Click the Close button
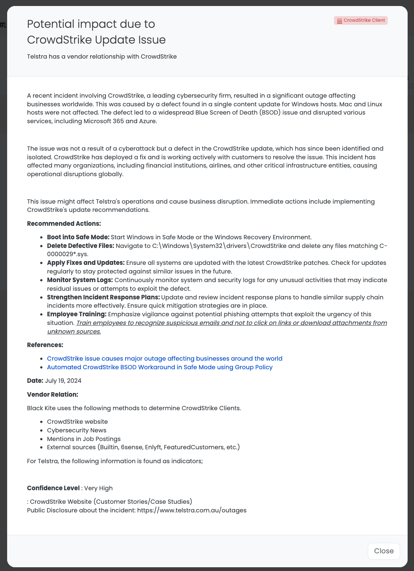[x=384, y=551]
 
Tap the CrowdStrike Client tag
[x=361, y=20]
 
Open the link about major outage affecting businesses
[x=165, y=359]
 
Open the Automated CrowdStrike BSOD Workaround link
[x=160, y=367]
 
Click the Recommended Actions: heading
[x=64, y=224]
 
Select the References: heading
[x=45, y=345]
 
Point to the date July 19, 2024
[x=63, y=381]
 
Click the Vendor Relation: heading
[x=53, y=395]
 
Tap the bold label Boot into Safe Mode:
[x=78, y=237]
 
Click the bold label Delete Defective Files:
[x=80, y=246]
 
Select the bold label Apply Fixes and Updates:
[x=86, y=263]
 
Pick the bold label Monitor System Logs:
[x=80, y=280]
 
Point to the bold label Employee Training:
[x=77, y=314]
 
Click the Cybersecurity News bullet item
[x=77, y=431]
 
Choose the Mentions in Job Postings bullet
[x=84, y=439]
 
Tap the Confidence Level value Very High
[x=98, y=488]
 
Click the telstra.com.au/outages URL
[x=192, y=511]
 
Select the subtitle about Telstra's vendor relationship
[x=102, y=57]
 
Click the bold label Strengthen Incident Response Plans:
[x=103, y=298]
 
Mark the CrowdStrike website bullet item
[x=77, y=422]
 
